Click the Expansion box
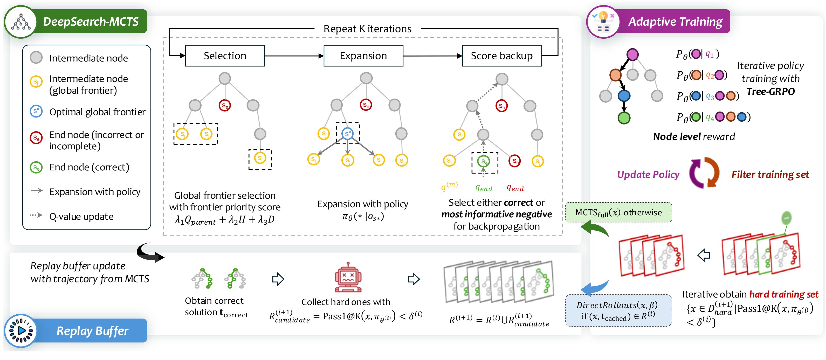point(363,56)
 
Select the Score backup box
point(501,56)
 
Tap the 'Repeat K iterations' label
point(367,29)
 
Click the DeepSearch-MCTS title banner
point(91,22)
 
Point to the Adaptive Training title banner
point(675,22)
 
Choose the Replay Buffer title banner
point(92,330)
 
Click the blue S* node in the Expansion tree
point(348,133)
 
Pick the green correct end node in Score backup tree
point(484,161)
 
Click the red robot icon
point(348,277)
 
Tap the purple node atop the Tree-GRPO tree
point(632,54)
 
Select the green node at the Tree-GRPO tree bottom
point(624,118)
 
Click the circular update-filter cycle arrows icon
point(704,173)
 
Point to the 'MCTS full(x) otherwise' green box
point(618,212)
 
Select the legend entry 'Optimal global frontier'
point(97,112)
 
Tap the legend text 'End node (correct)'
point(89,167)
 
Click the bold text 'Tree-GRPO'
point(770,92)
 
